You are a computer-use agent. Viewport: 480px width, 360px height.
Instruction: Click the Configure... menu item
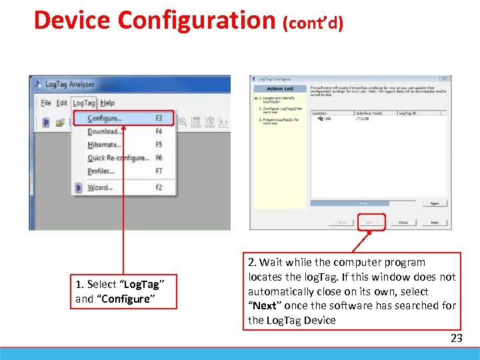pos(105,119)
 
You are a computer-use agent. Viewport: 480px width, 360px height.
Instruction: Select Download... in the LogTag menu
pos(105,131)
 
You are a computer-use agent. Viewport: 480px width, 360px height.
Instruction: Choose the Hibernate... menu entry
pos(105,145)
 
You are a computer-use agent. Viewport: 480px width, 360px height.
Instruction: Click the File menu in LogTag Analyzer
pos(46,103)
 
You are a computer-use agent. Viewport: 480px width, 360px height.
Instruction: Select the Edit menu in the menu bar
pos(62,103)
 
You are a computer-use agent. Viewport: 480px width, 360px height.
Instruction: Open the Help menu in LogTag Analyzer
pos(108,103)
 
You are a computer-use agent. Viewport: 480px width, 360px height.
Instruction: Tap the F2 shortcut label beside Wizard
pos(159,187)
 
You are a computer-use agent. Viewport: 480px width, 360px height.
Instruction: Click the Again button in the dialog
pos(434,203)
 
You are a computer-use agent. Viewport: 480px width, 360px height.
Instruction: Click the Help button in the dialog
pos(434,223)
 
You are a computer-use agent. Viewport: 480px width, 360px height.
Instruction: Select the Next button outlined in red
pos(371,223)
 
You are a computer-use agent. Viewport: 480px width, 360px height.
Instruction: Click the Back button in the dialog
pos(341,223)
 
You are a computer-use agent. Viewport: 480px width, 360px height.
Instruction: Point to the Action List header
pos(279,89)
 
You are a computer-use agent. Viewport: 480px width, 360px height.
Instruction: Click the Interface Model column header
pos(369,113)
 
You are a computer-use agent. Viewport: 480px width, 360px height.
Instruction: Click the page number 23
pos(456,338)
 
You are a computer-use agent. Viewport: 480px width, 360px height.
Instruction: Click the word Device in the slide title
pos(73,20)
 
